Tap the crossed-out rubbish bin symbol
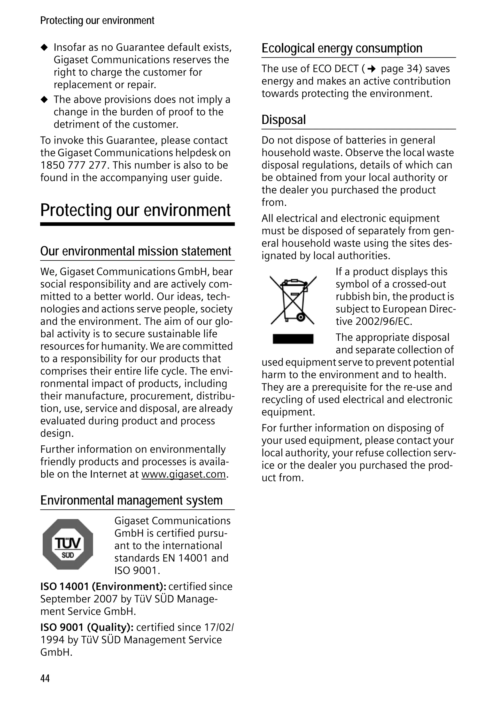click(x=293, y=300)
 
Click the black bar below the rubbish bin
click(x=293, y=339)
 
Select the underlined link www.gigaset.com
click(x=183, y=474)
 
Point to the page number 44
click(x=45, y=678)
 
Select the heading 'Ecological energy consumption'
click(x=342, y=48)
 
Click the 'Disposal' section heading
click(x=283, y=120)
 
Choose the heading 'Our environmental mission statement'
click(x=136, y=251)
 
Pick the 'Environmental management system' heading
click(x=131, y=500)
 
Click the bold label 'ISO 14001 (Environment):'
click(x=103, y=586)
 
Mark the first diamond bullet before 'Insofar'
click(x=45, y=47)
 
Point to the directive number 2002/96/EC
click(x=383, y=321)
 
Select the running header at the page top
click(x=97, y=21)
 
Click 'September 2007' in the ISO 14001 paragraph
click(x=78, y=599)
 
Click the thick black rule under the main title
click(x=137, y=224)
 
